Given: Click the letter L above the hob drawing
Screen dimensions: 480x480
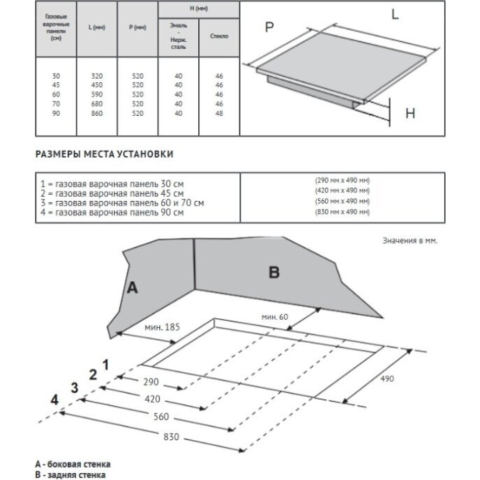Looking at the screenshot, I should point(396,13).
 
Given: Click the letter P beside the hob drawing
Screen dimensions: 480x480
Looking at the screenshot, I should point(269,27).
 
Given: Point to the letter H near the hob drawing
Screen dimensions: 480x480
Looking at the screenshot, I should point(410,114).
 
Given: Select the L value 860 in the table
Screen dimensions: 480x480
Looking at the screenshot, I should point(95,112).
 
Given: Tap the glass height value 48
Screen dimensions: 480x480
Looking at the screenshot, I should point(218,112).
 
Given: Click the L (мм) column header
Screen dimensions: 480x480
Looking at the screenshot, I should point(95,27).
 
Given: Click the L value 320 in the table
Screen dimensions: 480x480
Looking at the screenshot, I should point(95,76).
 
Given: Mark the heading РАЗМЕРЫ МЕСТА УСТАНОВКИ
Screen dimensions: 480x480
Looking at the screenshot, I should point(104,154).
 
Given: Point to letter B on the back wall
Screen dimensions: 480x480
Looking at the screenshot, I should point(274,273).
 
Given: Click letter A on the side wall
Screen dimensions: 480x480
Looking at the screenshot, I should point(133,289).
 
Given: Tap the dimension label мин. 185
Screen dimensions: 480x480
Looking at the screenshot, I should point(163,328).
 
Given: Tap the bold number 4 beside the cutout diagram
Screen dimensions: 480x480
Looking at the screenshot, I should point(54,399).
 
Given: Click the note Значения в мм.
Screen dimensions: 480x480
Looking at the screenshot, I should point(409,241).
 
